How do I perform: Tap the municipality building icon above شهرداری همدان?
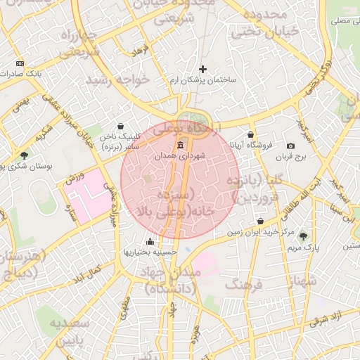tap(181, 146)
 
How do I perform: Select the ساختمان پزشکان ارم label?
tap(203, 80)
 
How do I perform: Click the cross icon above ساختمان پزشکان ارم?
tap(203, 69)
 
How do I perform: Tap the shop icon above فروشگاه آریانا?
tap(251, 134)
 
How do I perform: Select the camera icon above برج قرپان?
tap(290, 145)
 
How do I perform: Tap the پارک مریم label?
tap(304, 248)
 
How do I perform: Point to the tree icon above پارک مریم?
tap(303, 237)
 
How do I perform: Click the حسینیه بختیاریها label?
tap(149, 252)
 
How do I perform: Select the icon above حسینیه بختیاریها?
tap(149, 241)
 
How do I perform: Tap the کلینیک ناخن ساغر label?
tap(120, 141)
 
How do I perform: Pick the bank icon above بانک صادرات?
tap(19, 62)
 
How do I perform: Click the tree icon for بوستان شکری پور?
tap(25, 155)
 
